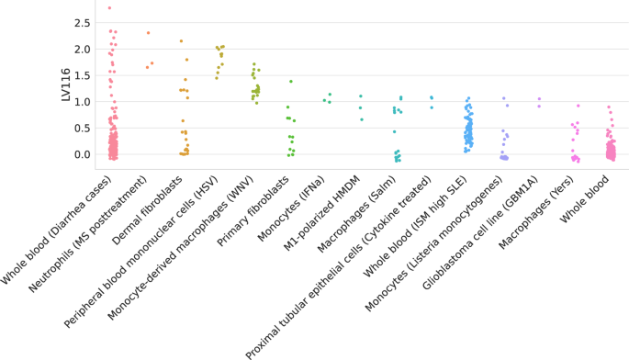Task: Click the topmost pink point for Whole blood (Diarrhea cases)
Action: click(x=109, y=8)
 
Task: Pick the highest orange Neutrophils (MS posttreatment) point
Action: click(x=148, y=33)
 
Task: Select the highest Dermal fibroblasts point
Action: click(x=181, y=41)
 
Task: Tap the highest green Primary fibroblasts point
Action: click(x=291, y=82)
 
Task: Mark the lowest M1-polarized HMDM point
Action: click(x=362, y=119)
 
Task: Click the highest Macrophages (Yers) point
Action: click(x=578, y=106)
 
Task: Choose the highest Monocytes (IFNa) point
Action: click(x=331, y=94)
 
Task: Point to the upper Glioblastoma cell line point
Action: click(x=539, y=99)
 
